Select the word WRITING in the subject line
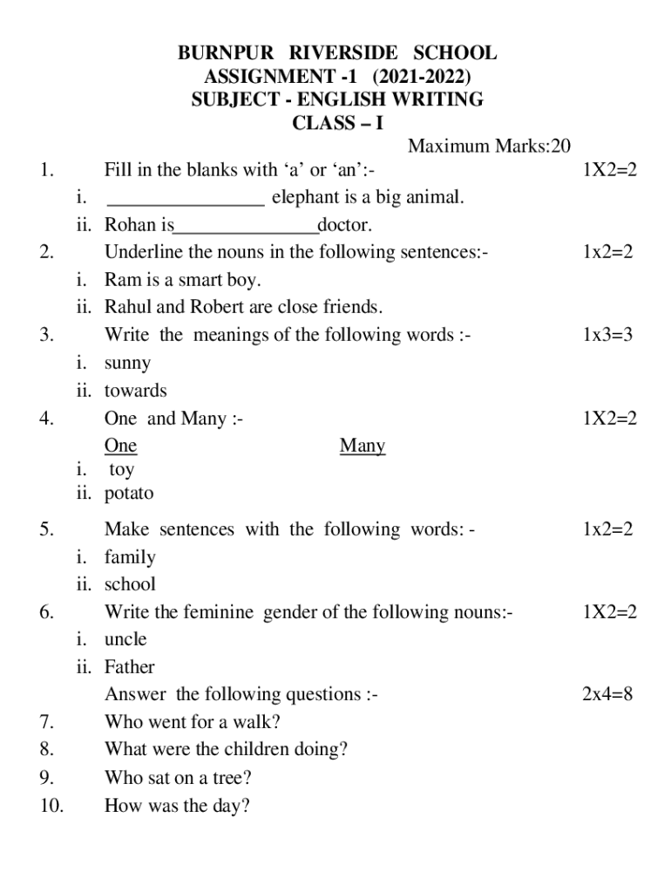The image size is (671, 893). (441, 99)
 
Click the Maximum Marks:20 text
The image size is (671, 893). (489, 146)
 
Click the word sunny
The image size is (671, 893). (127, 363)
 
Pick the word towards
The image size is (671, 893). (135, 391)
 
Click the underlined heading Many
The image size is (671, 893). (363, 446)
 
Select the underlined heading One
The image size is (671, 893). (120, 446)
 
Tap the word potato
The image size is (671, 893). (129, 494)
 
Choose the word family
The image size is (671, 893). (130, 557)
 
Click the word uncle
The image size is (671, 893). (125, 639)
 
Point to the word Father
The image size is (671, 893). (129, 667)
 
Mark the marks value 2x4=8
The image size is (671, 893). (607, 694)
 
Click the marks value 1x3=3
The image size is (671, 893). (607, 335)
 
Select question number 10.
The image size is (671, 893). (51, 806)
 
